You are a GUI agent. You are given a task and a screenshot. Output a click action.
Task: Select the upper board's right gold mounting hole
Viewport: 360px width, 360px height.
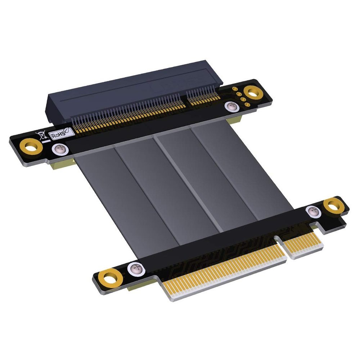253,93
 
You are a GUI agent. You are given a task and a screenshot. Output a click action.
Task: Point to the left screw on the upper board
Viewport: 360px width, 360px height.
60,149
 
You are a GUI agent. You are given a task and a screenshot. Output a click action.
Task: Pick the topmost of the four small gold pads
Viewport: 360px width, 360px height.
234,89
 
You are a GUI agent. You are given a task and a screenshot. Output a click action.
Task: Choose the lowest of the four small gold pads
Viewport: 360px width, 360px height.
247,105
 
